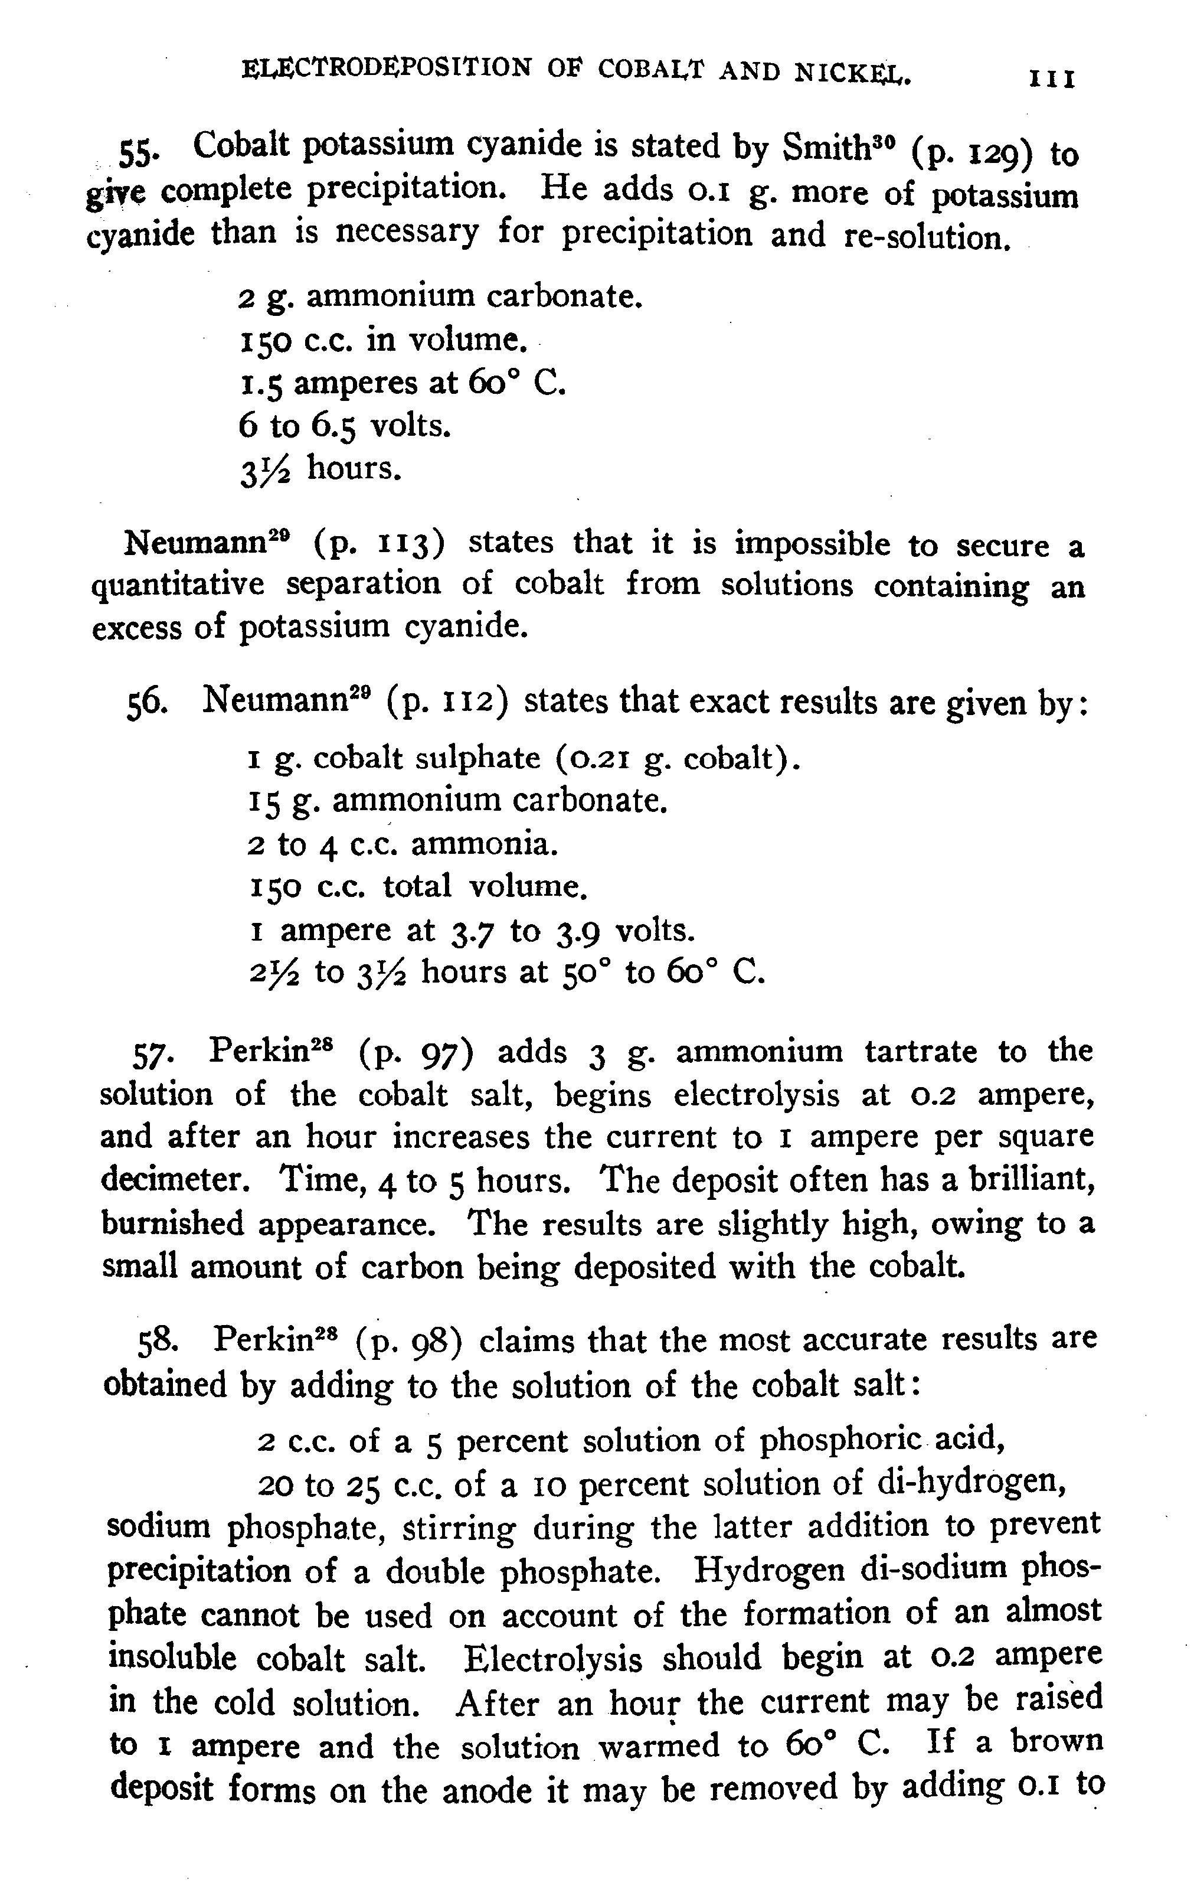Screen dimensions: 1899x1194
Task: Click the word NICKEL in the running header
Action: pos(852,73)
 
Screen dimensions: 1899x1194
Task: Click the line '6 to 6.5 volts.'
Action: pos(345,426)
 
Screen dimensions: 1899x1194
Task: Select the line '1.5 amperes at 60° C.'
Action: pos(402,383)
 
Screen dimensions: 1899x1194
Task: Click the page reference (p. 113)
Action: pos(379,544)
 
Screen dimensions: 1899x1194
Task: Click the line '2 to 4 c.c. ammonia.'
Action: pos(402,844)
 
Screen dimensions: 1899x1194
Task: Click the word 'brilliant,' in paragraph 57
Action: pos(1029,1180)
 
